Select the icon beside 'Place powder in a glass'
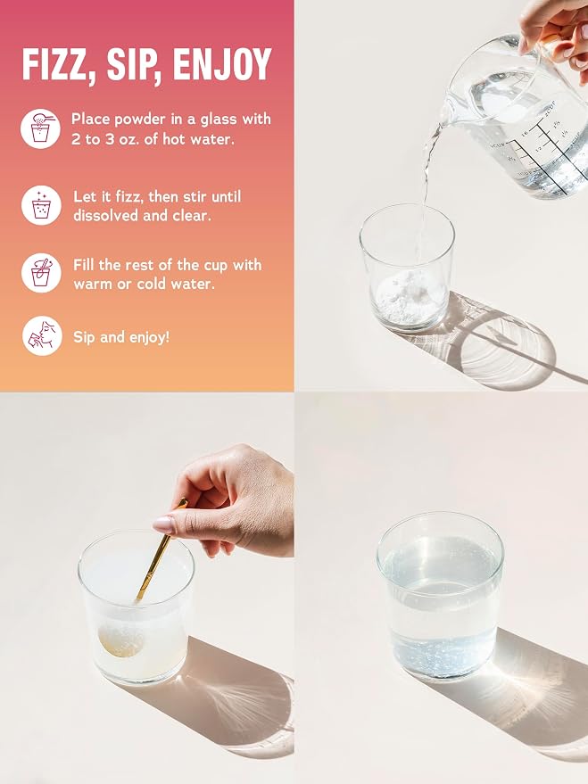(x=40, y=128)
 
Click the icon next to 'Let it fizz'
(x=41, y=205)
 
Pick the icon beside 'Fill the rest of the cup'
(x=41, y=273)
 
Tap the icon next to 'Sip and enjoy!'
(x=42, y=335)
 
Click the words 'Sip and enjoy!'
(x=121, y=337)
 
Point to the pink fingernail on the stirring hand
(x=164, y=524)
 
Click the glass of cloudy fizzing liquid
(x=136, y=607)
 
